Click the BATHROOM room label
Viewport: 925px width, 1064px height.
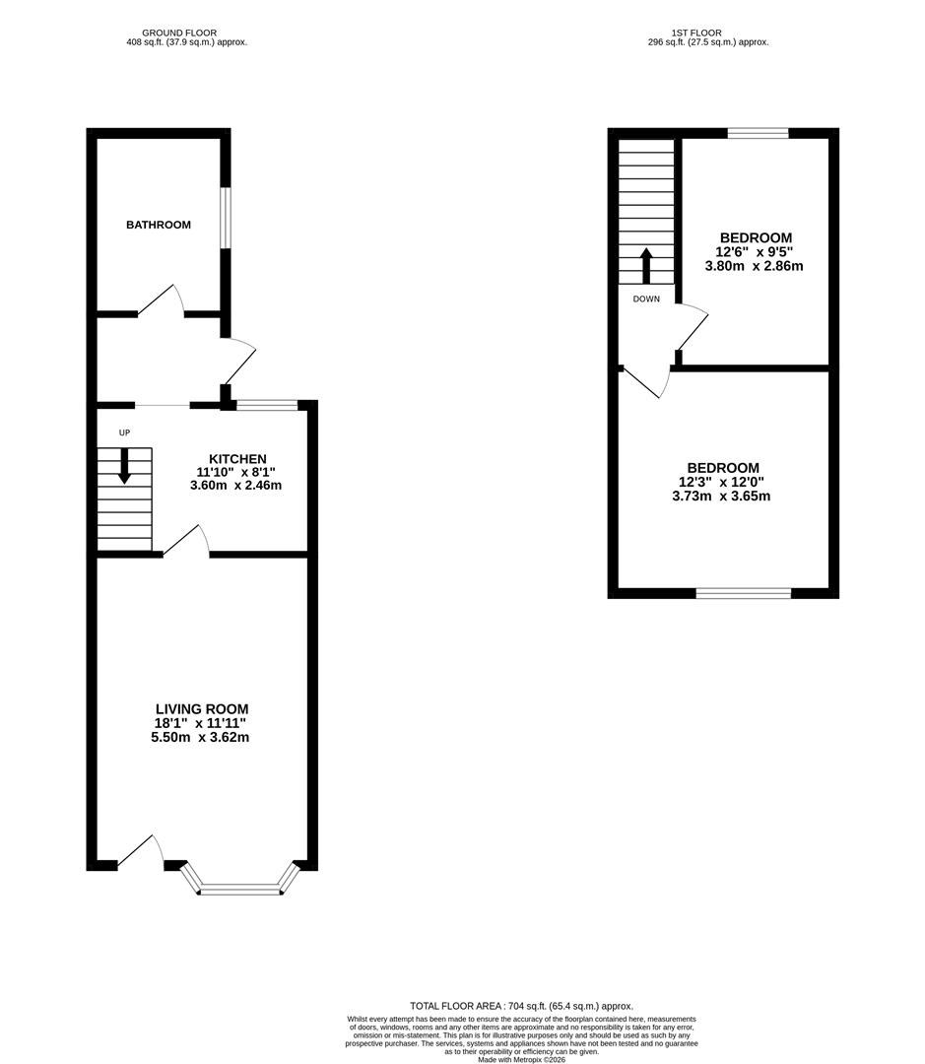click(158, 225)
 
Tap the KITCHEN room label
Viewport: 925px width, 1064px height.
click(237, 459)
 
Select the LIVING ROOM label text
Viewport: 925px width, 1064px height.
click(202, 708)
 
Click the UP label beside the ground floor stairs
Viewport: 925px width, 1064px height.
click(124, 432)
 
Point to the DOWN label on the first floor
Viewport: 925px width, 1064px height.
click(646, 299)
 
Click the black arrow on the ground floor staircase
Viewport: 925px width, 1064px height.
click(124, 466)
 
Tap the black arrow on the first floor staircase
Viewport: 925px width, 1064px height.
click(646, 265)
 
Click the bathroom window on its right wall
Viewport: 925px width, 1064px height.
click(226, 218)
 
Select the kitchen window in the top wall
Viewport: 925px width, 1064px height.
click(267, 404)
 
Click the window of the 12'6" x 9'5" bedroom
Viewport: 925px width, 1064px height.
click(758, 133)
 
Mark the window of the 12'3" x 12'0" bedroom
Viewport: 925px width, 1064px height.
click(744, 593)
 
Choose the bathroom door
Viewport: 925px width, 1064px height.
click(161, 301)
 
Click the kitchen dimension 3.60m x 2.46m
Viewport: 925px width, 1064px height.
click(236, 485)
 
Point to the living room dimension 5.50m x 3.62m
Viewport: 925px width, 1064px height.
click(202, 737)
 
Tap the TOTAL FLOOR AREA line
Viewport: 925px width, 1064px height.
click(521, 1005)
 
